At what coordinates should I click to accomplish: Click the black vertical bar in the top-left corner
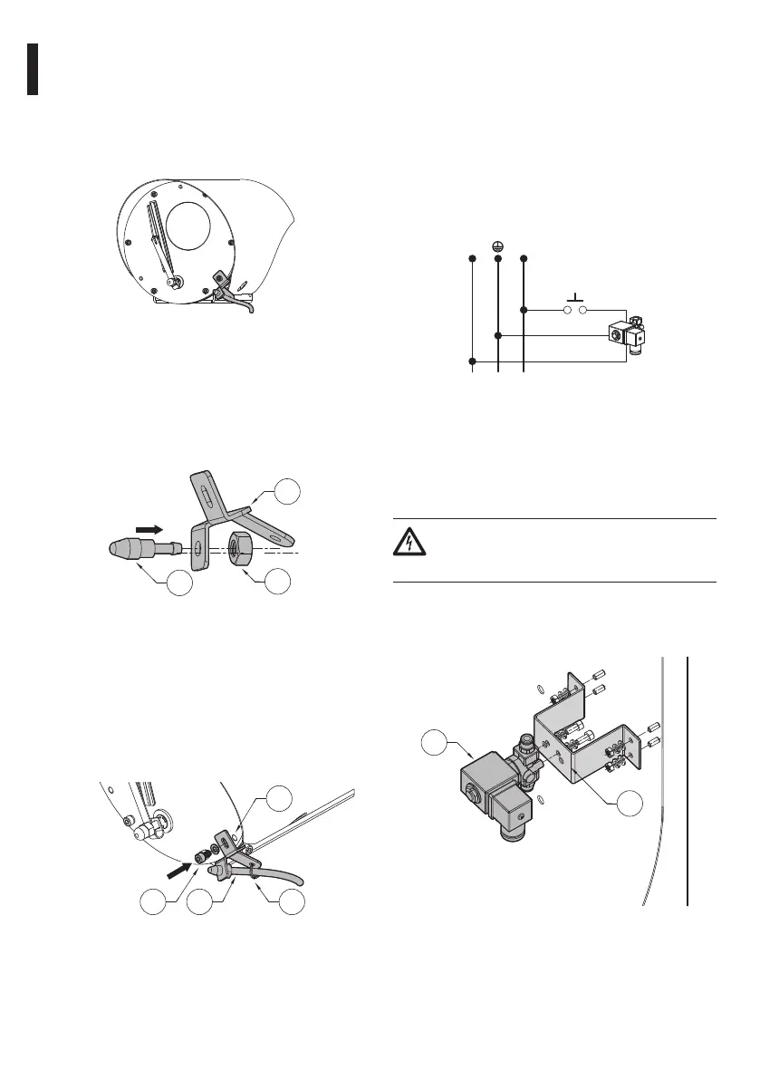[32, 69]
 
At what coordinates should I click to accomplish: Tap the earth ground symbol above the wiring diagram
[498, 246]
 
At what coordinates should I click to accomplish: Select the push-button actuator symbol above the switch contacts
[576, 298]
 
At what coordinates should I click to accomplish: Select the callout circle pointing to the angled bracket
[287, 491]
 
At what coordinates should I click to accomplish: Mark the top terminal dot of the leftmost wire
[472, 259]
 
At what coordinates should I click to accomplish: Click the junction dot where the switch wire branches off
[524, 310]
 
